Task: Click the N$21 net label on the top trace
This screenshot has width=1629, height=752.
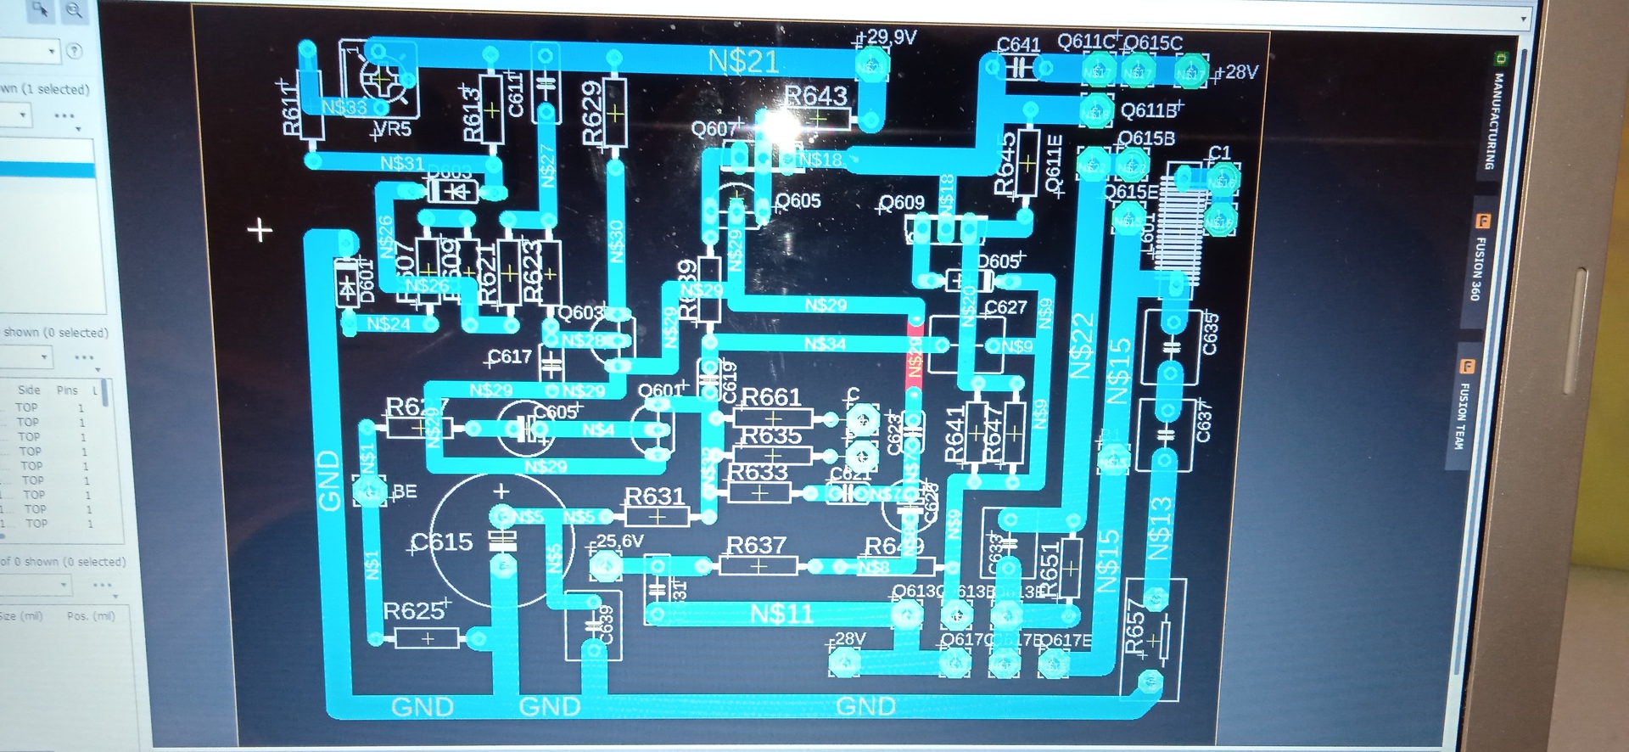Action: coord(743,61)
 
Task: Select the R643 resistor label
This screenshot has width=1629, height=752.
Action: coord(815,96)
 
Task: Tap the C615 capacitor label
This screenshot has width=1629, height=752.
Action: coord(442,542)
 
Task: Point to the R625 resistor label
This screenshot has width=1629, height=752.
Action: coord(414,610)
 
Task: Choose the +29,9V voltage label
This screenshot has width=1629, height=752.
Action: coord(887,37)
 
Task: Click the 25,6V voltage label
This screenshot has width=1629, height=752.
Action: coord(620,541)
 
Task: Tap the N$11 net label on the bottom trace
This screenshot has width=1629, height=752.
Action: coord(781,614)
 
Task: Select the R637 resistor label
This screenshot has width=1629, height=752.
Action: coord(757,545)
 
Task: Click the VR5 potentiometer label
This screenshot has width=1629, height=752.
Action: coord(393,129)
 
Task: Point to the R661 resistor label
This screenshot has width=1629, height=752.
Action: coord(771,396)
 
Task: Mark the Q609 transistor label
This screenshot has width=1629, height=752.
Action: coord(901,202)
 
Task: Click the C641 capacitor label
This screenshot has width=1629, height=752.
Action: coord(1018,44)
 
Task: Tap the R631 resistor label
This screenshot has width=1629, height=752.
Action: coord(654,496)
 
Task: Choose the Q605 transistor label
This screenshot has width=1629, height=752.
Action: coord(798,200)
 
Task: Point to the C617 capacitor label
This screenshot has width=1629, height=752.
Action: coord(510,356)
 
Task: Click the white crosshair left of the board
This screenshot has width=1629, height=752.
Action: coord(260,229)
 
